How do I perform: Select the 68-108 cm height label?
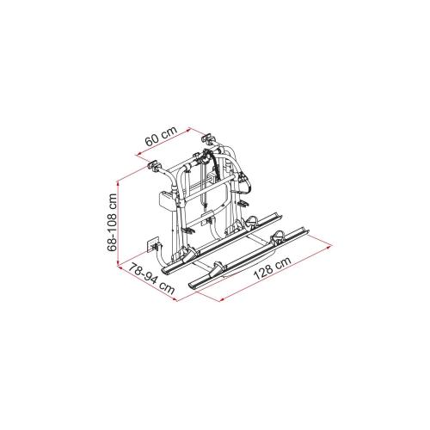(107, 220)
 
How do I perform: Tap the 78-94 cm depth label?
(148, 279)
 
